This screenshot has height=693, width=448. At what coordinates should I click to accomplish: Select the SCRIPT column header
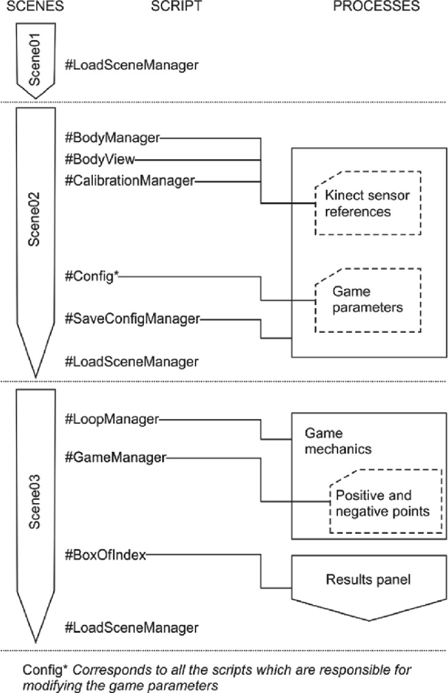pyautogui.click(x=172, y=6)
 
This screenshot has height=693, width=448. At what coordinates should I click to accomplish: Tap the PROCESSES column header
pyautogui.click(x=375, y=6)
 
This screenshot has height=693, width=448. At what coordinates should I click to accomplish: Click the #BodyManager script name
pyautogui.click(x=112, y=138)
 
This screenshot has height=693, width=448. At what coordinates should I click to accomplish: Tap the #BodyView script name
pyautogui.click(x=100, y=159)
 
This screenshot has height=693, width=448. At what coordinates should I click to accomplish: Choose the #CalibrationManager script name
pyautogui.click(x=130, y=180)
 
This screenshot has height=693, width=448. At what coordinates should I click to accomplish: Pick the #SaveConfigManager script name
pyautogui.click(x=131, y=319)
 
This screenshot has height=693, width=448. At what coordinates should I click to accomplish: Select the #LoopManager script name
pyautogui.click(x=112, y=419)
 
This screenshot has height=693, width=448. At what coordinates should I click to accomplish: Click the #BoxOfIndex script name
pyautogui.click(x=105, y=555)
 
